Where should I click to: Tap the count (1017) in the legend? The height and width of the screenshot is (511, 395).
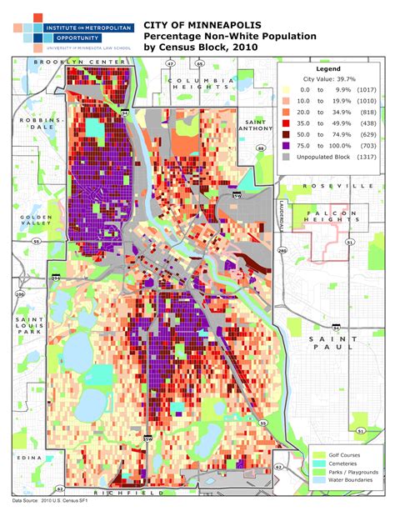coord(363,88)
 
